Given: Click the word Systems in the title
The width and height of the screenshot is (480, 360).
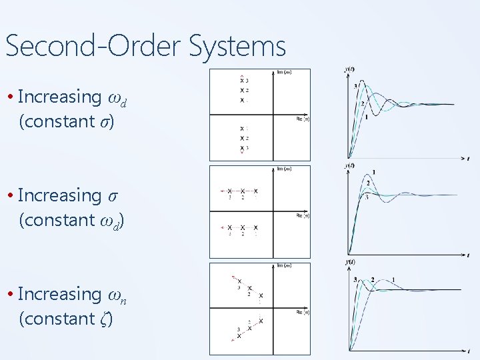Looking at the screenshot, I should (238, 47).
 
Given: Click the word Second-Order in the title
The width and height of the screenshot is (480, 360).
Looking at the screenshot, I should (93, 47).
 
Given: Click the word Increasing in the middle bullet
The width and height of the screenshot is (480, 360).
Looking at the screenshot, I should (59, 195).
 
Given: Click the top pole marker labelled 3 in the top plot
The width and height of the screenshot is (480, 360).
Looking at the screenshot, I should (242, 81).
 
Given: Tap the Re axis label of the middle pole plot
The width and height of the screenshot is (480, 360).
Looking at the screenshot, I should (302, 215).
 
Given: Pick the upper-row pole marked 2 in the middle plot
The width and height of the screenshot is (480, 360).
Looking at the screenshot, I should (243, 191).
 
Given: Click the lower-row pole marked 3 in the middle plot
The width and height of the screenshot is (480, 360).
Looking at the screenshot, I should (229, 228).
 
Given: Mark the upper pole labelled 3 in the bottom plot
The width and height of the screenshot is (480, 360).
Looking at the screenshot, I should (239, 282).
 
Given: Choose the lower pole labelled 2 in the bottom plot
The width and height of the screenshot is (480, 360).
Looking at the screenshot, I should (250, 327).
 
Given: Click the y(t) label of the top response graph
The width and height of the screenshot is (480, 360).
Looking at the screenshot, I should (349, 69).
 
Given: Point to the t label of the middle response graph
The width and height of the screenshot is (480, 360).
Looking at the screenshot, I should (468, 255).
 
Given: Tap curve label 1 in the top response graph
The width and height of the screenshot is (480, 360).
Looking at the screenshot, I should (366, 118).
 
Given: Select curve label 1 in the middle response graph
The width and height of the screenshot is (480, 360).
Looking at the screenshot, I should (373, 173).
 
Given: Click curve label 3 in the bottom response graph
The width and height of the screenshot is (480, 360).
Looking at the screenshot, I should (355, 279).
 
